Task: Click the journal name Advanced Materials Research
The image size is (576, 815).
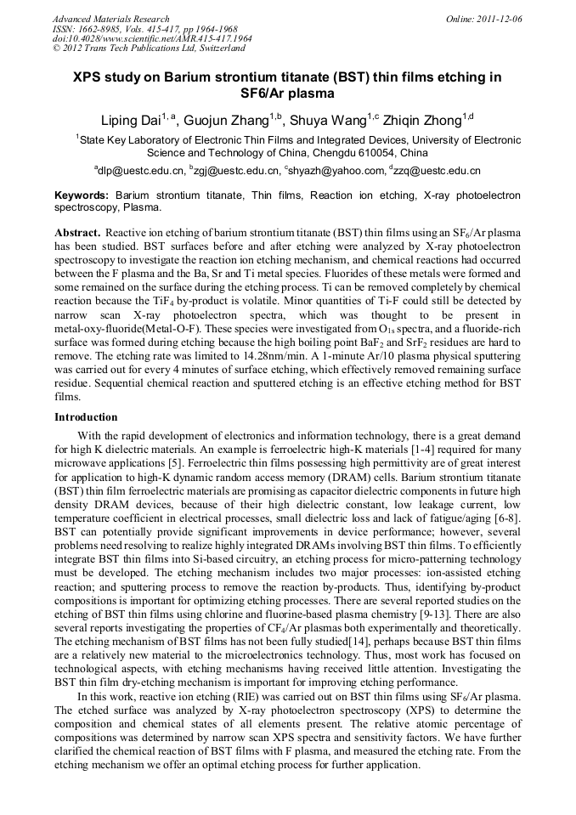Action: tap(110, 19)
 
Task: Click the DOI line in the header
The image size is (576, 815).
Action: tap(152, 38)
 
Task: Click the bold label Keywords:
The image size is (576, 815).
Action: tap(82, 195)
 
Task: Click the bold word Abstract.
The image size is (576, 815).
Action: tap(77, 233)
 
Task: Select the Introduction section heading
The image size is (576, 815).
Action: tap(86, 417)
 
